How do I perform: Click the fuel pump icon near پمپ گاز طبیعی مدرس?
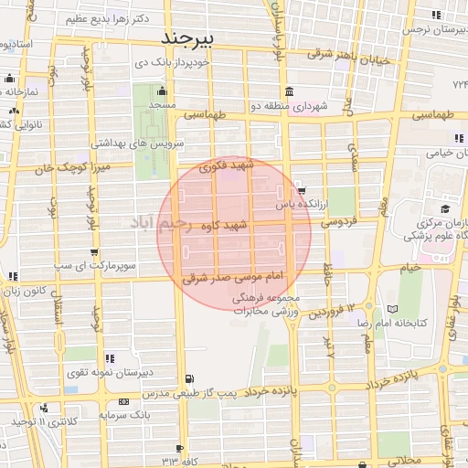coord(188,378)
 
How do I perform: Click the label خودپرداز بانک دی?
coord(198,63)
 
